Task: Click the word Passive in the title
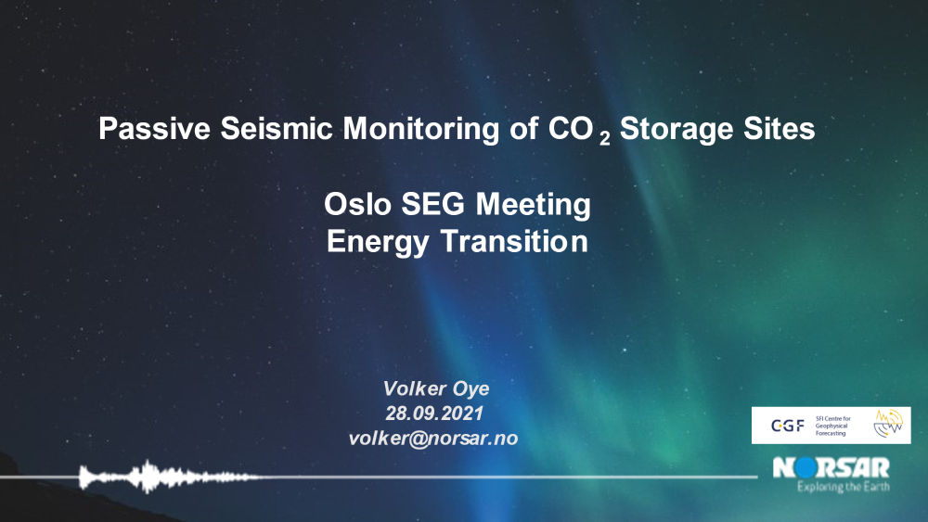[x=154, y=128]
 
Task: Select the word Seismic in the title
[x=277, y=128]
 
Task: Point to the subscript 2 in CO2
[x=604, y=139]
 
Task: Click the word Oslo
[x=357, y=204]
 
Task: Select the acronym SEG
[x=433, y=204]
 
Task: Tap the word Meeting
[x=534, y=205]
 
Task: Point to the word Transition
[x=514, y=241]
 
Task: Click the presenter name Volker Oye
[x=436, y=389]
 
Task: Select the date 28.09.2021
[x=434, y=414]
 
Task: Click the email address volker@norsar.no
[x=433, y=438]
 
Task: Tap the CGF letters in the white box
[x=788, y=426]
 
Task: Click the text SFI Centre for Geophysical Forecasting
[x=832, y=426]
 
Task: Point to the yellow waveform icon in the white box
[x=888, y=424]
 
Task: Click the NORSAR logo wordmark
[x=831, y=467]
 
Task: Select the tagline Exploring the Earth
[x=844, y=487]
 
